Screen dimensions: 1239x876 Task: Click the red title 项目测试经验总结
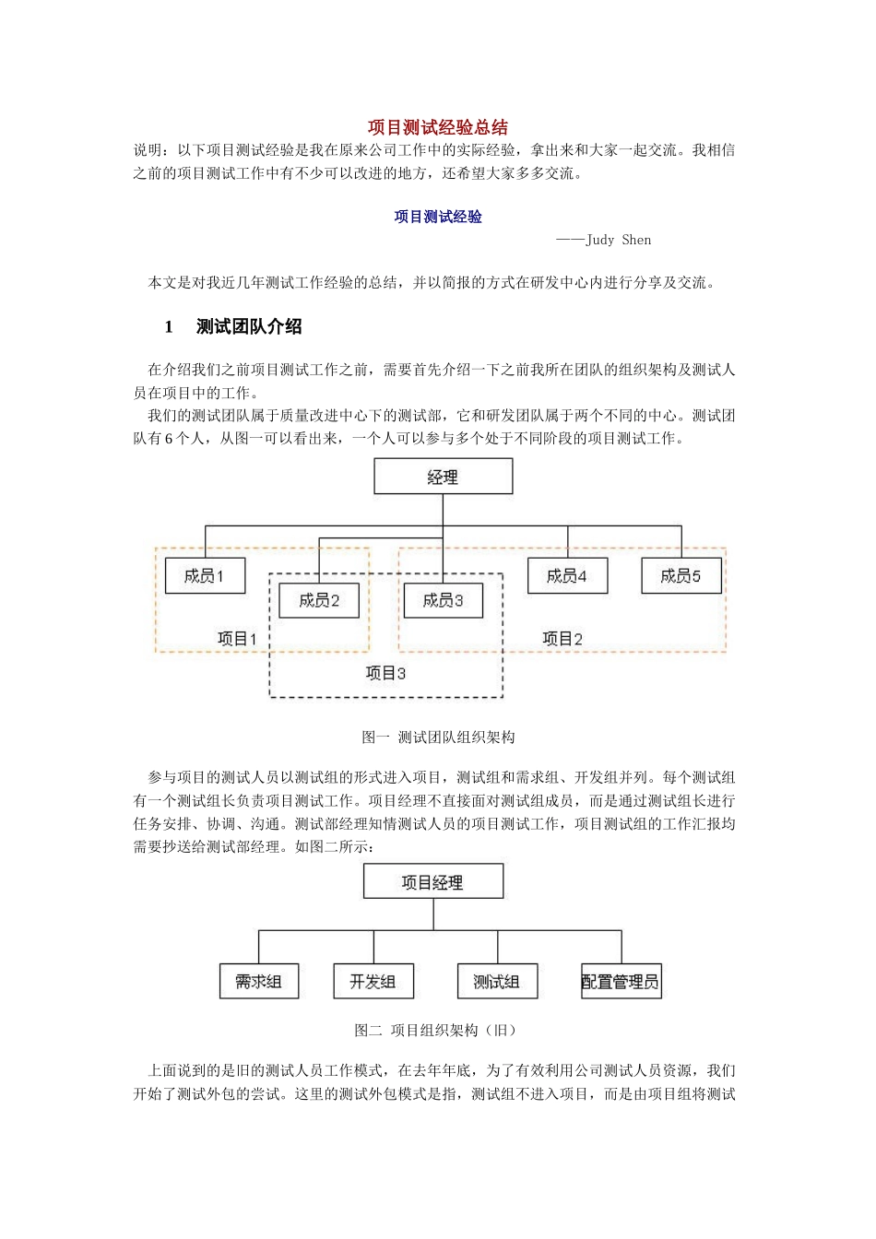(x=438, y=127)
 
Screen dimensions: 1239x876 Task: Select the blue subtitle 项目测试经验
(x=438, y=217)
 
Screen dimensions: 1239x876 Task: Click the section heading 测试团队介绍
(x=249, y=326)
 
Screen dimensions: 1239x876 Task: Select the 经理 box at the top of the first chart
(x=443, y=477)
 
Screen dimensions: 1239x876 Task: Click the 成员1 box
(x=205, y=575)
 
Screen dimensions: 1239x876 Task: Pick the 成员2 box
(x=319, y=600)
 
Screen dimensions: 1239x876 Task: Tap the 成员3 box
(x=443, y=600)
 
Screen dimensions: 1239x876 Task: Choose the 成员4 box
(x=567, y=575)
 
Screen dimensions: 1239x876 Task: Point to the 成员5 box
(x=681, y=575)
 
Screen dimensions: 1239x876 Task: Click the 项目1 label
(x=237, y=638)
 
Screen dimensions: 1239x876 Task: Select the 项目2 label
(x=562, y=638)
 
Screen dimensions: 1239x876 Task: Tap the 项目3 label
(x=385, y=673)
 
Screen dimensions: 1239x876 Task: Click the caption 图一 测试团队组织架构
(x=438, y=737)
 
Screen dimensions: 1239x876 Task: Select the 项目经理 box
(x=432, y=881)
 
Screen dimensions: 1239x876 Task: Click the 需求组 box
(x=258, y=982)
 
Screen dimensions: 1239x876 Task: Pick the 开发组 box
(x=373, y=982)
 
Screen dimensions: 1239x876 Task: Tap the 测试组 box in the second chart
(x=497, y=982)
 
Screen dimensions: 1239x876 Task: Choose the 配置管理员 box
(x=621, y=982)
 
